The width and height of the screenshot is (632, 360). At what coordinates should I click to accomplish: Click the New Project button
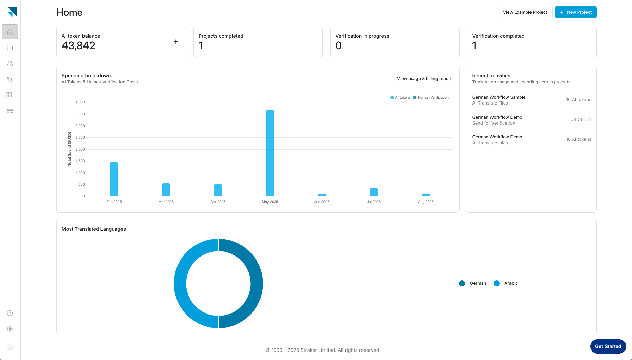[576, 12]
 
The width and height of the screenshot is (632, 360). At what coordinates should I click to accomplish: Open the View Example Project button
[525, 12]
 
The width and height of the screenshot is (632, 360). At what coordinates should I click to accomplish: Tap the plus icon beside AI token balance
[176, 42]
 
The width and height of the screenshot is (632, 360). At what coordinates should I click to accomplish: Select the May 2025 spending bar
[270, 153]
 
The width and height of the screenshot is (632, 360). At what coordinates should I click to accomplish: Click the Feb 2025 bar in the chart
[114, 179]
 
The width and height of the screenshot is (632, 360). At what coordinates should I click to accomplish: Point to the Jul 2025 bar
[374, 192]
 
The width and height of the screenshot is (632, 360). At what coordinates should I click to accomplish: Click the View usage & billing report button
[424, 79]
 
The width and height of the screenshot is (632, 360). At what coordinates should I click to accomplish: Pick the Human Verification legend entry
[431, 98]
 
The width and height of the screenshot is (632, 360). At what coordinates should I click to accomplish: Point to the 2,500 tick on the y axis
[80, 137]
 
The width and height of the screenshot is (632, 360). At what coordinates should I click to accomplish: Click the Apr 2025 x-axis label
[218, 202]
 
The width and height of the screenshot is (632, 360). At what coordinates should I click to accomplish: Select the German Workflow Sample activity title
[499, 97]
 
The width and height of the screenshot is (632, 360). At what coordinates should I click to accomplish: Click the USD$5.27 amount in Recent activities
[580, 120]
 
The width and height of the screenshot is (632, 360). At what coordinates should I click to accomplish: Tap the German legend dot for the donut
[462, 283]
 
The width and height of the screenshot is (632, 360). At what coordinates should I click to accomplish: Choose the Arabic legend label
[511, 283]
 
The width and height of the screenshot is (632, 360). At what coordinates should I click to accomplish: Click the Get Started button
[608, 346]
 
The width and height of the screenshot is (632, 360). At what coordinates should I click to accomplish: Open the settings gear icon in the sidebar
[10, 329]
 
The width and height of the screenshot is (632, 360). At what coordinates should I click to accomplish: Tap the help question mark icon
[10, 313]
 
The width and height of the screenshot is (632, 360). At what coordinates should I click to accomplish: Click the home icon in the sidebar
[10, 32]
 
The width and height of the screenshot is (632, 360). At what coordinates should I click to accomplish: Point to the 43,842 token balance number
[78, 46]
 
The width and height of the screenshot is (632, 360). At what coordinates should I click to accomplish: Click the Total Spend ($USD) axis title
[69, 149]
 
